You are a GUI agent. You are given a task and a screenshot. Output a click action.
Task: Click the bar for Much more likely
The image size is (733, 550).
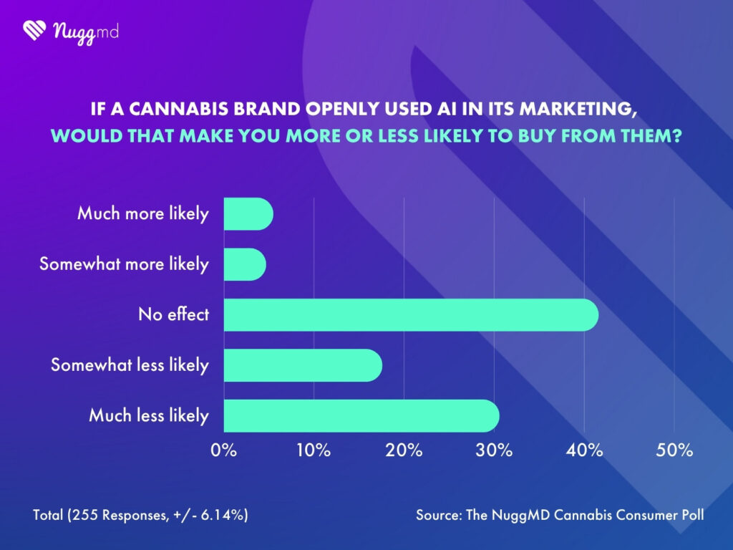coord(248,214)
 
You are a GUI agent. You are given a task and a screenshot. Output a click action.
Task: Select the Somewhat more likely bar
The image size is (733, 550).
coord(245,264)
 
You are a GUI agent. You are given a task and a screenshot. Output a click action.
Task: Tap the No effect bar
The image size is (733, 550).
coord(411,314)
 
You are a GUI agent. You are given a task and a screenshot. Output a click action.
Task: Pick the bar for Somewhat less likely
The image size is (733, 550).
coord(303,365)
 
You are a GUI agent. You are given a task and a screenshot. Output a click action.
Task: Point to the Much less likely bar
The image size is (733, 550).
coord(361,415)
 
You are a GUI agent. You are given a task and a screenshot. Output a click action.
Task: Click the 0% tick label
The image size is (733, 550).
coord(224,451)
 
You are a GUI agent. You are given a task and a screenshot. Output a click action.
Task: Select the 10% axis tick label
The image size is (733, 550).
coord(314,451)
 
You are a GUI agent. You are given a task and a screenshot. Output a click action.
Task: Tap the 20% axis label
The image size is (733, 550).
coord(404,451)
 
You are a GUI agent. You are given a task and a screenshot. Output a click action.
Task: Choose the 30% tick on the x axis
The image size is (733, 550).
coord(494,451)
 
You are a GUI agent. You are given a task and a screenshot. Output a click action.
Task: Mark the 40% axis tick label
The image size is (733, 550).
coord(584,451)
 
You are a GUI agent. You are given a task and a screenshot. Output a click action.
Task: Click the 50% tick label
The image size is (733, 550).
coord(674,451)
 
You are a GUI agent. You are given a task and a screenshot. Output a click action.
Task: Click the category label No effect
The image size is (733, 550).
coord(173,314)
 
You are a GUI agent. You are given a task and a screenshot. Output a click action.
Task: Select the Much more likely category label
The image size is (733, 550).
coord(143,213)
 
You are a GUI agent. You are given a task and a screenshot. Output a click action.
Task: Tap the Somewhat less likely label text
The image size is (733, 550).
coord(130,365)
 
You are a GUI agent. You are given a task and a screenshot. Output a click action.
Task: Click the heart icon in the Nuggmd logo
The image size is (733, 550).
coord(34,30)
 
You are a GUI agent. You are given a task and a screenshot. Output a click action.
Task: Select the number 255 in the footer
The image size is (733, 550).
coord(84,515)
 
